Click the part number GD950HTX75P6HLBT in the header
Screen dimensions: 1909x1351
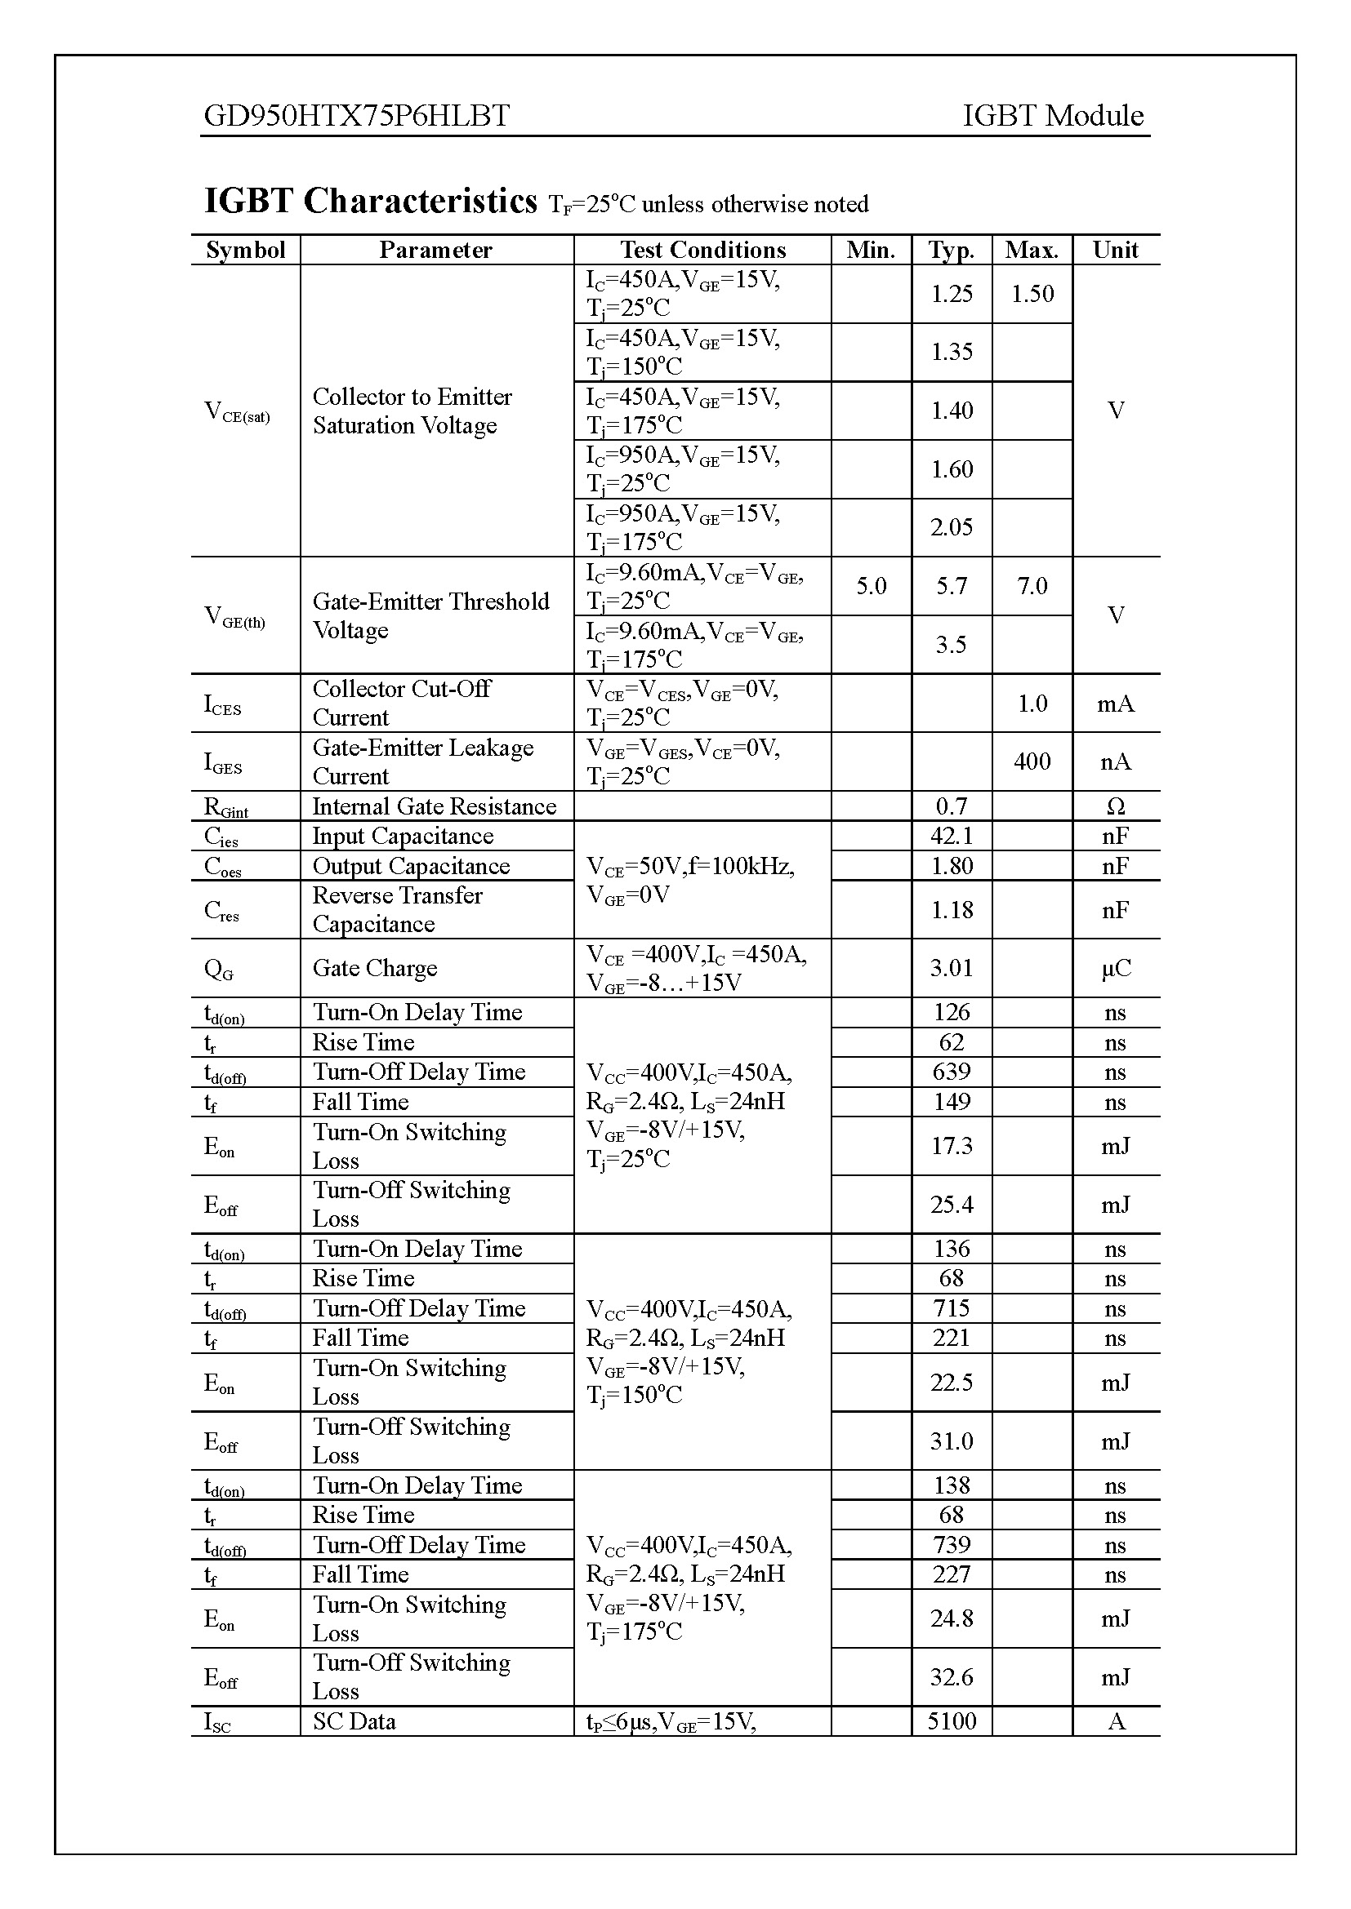point(357,116)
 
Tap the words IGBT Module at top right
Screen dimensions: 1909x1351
point(1052,116)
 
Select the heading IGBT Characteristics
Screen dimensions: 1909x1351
point(371,202)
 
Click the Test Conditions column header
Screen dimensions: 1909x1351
point(702,251)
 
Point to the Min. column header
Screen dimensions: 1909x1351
point(870,251)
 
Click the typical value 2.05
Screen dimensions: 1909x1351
point(951,527)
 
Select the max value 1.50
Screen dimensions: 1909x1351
point(1032,294)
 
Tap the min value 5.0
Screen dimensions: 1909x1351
point(871,586)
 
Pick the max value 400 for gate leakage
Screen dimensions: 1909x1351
point(1032,761)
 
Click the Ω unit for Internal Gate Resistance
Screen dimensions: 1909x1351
point(1116,806)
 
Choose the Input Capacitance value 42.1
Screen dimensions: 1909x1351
point(951,837)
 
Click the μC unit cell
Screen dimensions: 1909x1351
point(1116,969)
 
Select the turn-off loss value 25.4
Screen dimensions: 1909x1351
point(951,1205)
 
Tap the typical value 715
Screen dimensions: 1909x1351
point(951,1308)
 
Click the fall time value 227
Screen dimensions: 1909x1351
point(951,1574)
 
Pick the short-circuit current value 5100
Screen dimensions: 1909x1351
point(951,1721)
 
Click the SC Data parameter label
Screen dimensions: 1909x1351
point(354,1721)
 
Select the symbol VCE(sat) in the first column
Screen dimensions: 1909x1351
point(237,411)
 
